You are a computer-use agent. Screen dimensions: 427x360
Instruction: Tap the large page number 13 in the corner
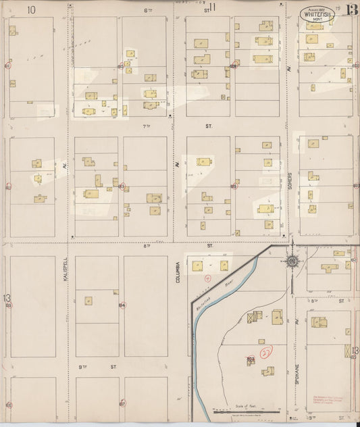[351, 9]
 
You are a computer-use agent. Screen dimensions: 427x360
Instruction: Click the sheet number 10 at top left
[31, 9]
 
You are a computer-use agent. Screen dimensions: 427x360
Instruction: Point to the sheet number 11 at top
[212, 7]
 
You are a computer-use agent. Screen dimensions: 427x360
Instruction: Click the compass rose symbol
[292, 261]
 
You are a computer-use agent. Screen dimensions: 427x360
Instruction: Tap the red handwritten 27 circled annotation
[266, 352]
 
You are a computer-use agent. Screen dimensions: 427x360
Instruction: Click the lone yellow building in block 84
[88, 301]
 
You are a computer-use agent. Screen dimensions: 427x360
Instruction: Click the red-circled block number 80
[122, 66]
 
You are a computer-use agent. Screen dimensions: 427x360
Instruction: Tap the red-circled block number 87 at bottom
[122, 403]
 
